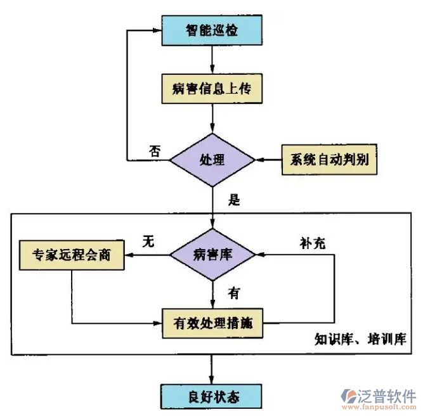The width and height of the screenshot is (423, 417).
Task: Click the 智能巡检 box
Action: click(x=212, y=30)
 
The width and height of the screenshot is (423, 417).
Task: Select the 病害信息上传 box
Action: click(x=212, y=89)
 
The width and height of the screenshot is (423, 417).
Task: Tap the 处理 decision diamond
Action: click(x=212, y=160)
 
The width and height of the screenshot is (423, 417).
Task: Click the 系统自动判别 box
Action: click(x=330, y=160)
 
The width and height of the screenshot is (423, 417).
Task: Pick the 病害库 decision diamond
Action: click(x=212, y=255)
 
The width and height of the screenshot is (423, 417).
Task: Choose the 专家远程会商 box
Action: click(x=71, y=255)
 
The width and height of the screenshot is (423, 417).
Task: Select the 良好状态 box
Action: click(x=212, y=397)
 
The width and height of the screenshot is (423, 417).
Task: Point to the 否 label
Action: click(x=155, y=151)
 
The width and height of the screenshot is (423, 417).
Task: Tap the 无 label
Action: click(x=148, y=241)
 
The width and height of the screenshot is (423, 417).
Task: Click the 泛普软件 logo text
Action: click(x=387, y=394)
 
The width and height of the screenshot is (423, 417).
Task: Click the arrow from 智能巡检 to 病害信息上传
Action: click(x=212, y=60)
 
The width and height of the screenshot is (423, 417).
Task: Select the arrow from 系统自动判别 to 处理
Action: click(x=268, y=160)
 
